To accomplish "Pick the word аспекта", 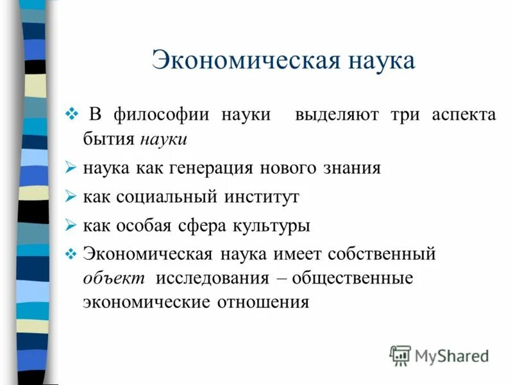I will tap(463, 116).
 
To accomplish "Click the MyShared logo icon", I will tap(399, 355).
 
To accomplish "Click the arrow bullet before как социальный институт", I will tap(71, 197).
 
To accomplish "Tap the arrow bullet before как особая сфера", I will tap(71, 226).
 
